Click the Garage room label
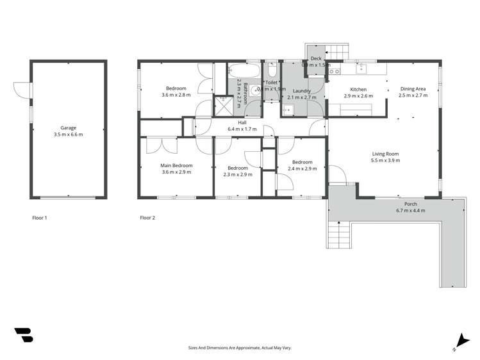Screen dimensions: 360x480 click(68, 127)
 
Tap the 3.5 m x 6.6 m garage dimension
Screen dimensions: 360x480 click(68, 135)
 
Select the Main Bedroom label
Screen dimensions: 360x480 click(176, 165)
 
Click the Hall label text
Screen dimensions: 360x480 click(242, 122)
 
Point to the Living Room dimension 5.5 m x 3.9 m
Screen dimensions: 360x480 click(385, 161)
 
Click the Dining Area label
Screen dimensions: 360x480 click(413, 89)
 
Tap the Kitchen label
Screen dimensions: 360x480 click(358, 89)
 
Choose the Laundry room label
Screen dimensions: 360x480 click(302, 91)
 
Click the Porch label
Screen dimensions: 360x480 click(411, 204)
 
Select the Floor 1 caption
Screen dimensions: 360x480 click(40, 218)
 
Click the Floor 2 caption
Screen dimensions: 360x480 click(147, 218)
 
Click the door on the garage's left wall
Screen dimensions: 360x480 click(24, 90)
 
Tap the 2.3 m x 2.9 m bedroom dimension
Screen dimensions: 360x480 click(237, 174)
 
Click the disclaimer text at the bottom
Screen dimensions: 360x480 click(240, 348)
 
